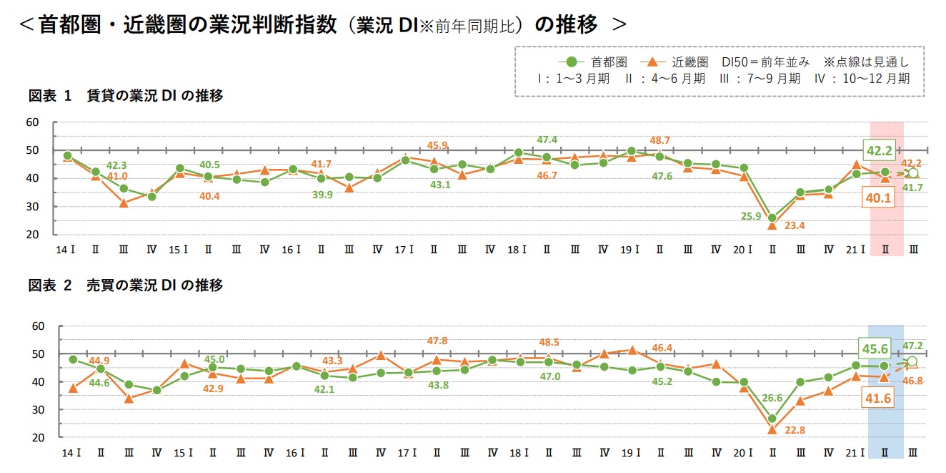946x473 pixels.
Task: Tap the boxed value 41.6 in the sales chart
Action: [877, 398]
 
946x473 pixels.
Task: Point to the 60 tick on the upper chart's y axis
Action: [32, 122]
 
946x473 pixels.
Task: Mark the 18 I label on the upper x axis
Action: [517, 250]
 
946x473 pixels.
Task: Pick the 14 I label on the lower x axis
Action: [70, 453]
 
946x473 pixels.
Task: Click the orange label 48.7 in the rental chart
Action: [659, 141]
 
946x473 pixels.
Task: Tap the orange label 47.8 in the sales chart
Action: [437, 341]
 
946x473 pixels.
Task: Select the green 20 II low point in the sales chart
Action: [772, 419]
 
